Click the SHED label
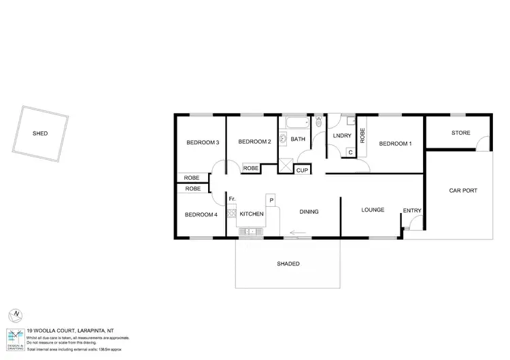40,133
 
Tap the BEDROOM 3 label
203,142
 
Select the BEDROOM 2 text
254,142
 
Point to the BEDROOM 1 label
395,144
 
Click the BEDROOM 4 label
201,214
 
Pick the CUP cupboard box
303,169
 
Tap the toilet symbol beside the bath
318,122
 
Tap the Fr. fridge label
232,199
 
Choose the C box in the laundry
350,152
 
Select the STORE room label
460,133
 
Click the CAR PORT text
462,191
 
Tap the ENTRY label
411,210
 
